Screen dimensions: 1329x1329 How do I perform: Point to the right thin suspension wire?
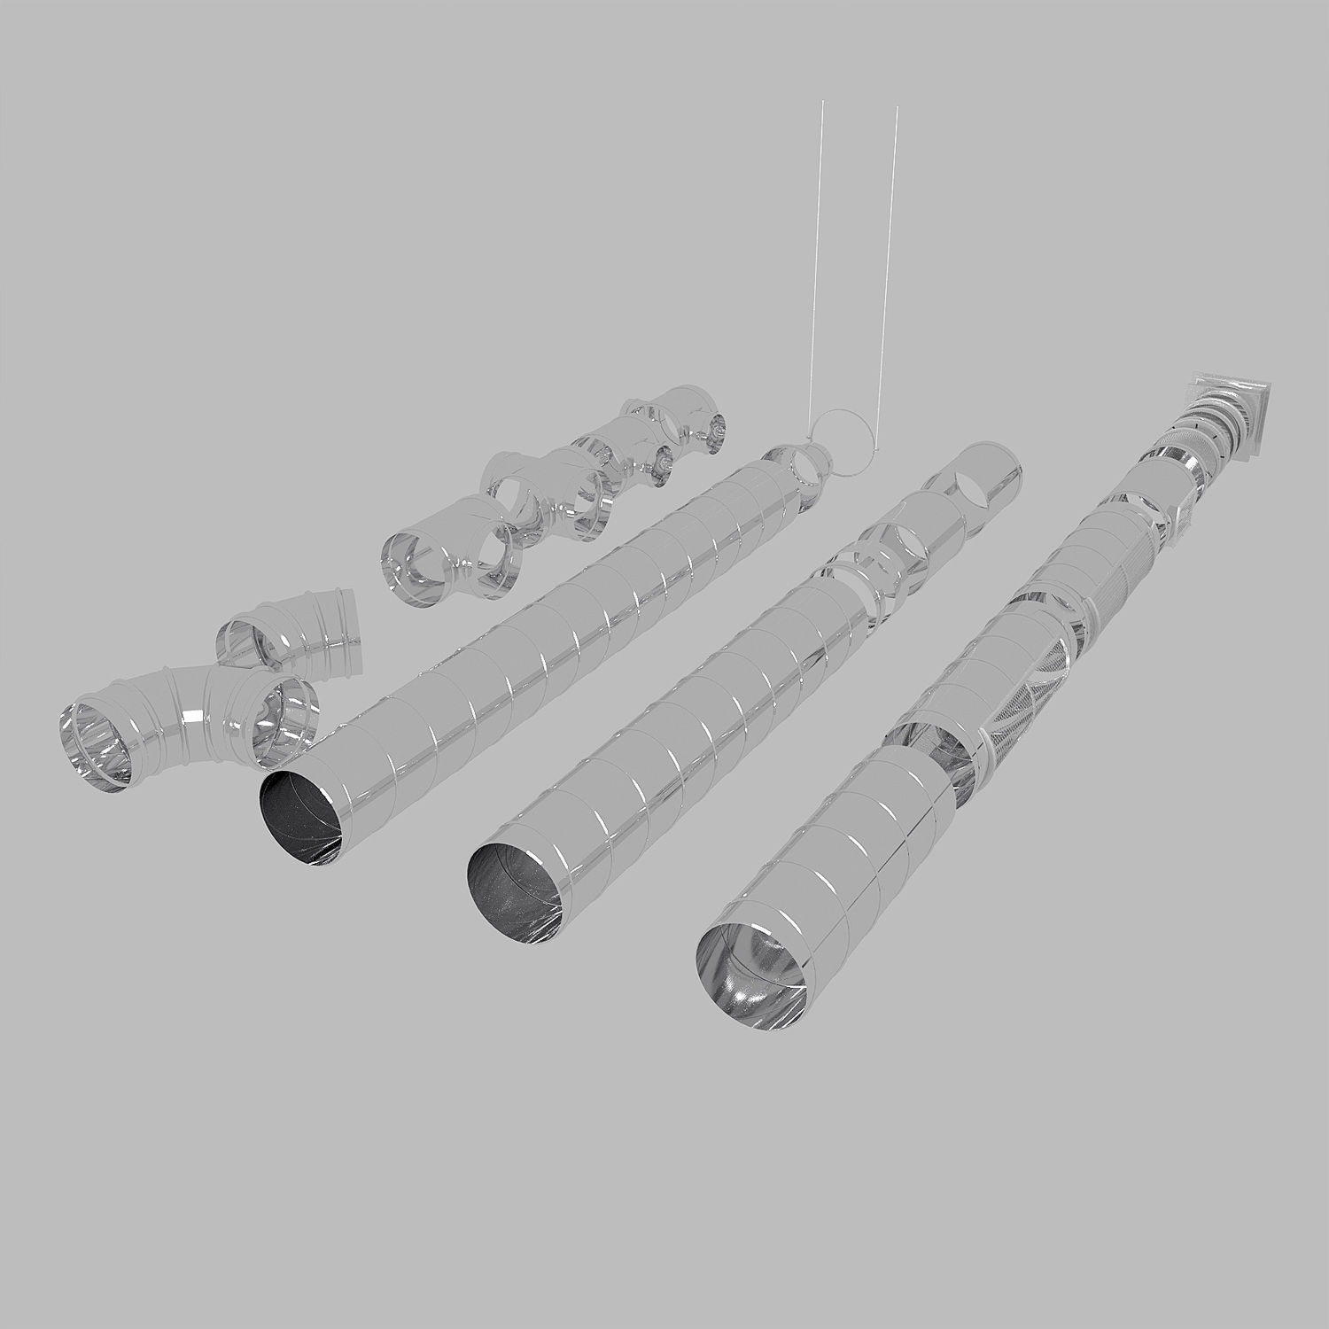click(890, 266)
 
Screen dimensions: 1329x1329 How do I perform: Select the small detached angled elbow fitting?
click(292, 633)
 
